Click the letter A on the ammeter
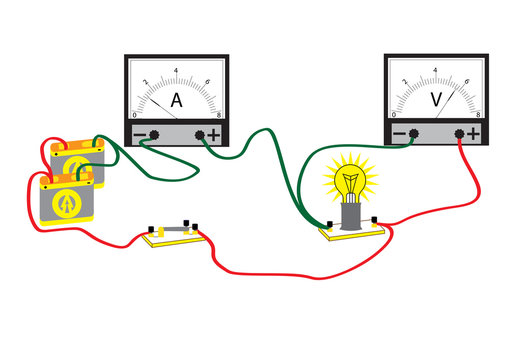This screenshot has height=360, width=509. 177,100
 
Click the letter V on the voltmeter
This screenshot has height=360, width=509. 436,99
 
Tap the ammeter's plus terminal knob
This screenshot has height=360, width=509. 200,134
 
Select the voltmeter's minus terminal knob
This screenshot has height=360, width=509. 413,133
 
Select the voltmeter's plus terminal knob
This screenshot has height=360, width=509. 459,133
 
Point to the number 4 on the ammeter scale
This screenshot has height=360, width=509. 177,71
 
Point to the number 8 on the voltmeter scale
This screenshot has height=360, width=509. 480,115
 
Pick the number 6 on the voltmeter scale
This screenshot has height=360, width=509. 466,81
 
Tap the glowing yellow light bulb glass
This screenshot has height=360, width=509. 350,183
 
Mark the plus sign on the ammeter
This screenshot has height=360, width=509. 214,135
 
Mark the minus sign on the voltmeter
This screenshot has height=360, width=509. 399,134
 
